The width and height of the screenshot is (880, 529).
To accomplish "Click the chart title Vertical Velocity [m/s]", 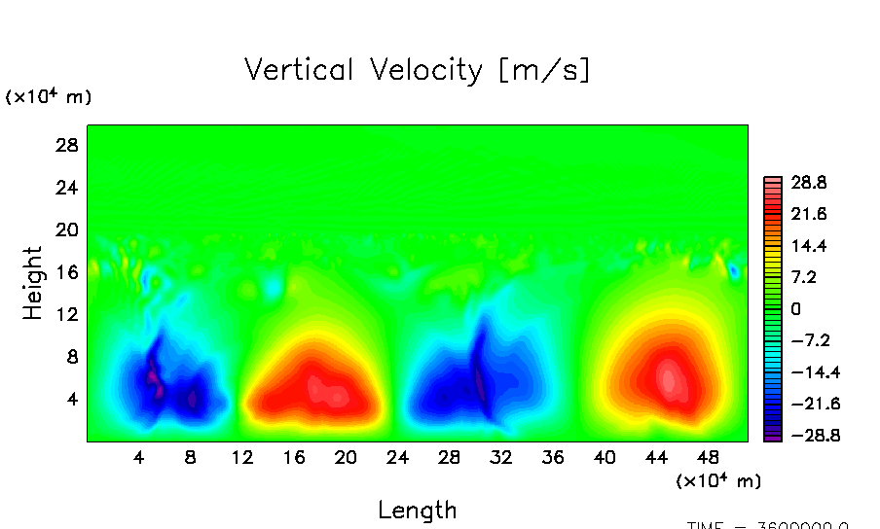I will (418, 70).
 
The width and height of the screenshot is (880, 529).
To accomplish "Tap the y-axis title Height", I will (34, 283).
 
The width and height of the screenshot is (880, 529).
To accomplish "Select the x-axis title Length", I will (418, 510).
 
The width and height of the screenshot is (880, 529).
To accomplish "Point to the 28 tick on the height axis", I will (64, 145).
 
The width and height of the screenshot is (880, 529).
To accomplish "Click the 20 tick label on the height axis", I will (64, 229).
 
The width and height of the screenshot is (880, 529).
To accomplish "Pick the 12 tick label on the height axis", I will (65, 314).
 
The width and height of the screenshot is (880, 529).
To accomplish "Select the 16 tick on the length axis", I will (293, 457).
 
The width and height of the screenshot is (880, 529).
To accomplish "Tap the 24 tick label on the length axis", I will (397, 457).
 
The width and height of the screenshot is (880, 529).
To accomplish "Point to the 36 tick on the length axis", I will (552, 457).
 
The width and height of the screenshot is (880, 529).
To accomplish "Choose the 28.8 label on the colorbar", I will (807, 182).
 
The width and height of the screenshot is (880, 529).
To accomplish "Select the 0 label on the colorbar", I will (795, 309).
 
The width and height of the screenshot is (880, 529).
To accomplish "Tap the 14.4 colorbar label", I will (807, 246).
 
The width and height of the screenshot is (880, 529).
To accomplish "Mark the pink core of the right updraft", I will (669, 377).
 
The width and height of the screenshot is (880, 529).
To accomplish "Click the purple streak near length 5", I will (153, 374).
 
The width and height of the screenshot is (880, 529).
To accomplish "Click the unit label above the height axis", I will (49, 97).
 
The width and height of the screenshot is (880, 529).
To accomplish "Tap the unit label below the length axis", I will (717, 481).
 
